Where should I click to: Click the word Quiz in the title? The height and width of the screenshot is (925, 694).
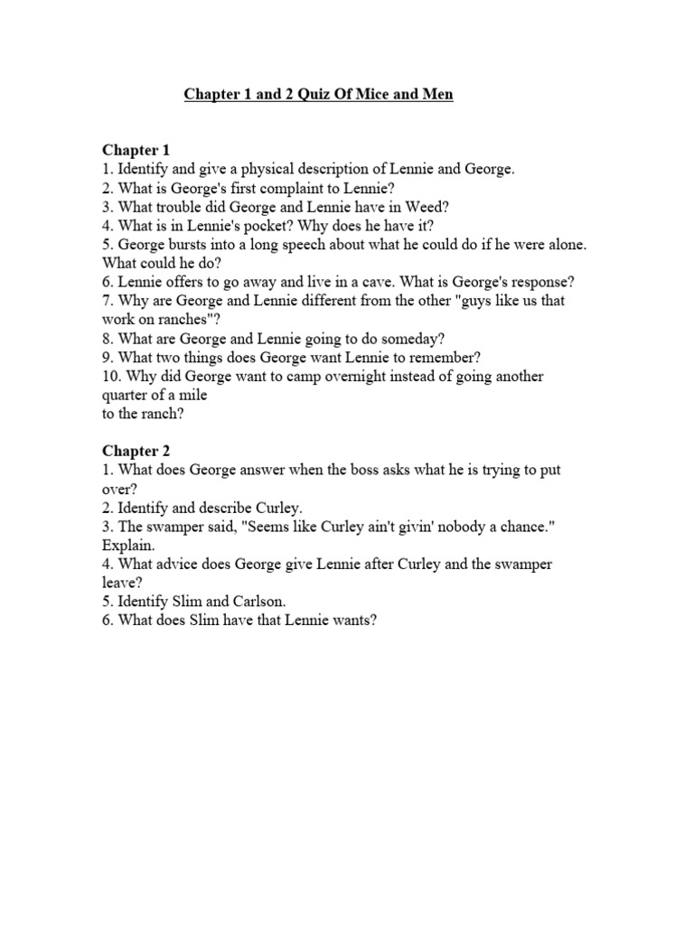tap(298, 95)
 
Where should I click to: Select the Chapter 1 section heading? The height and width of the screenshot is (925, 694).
tap(136, 150)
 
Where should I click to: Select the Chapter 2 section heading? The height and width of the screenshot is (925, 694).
tap(136, 451)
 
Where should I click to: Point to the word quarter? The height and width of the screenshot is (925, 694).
tap(127, 395)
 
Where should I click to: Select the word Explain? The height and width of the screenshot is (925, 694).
tap(128, 546)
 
